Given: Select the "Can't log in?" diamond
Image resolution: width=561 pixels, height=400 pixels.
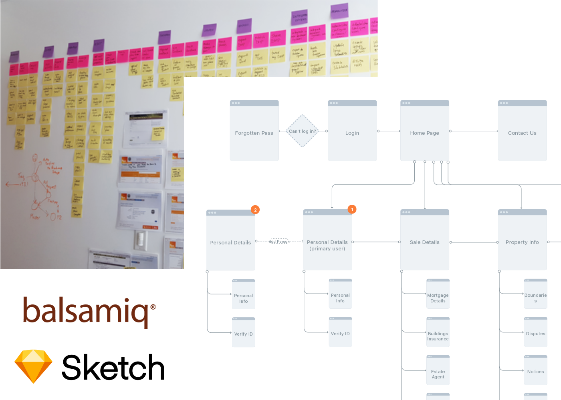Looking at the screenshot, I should click(303, 131).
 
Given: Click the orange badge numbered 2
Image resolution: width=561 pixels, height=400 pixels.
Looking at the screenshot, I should click(255, 210).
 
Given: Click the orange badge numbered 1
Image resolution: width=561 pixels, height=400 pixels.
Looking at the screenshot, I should click(352, 209).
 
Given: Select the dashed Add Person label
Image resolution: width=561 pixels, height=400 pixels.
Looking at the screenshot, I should click(279, 241).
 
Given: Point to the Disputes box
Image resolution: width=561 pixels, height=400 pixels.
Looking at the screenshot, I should click(536, 332).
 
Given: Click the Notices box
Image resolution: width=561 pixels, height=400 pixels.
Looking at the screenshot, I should click(536, 370).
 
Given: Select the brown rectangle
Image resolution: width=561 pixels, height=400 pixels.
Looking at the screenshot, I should click(89, 313).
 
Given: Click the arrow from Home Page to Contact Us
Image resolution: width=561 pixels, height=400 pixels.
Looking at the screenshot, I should click(474, 131).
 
